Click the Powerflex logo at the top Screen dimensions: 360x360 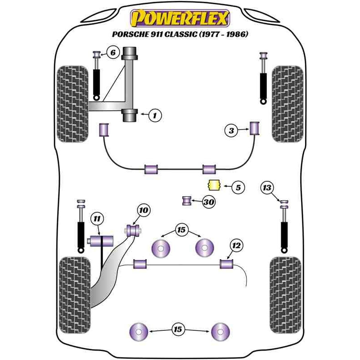pyautogui.click(x=180, y=18)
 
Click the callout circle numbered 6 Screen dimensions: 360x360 pyautogui.click(x=112, y=53)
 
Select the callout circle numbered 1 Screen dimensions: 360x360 pyautogui.click(x=154, y=116)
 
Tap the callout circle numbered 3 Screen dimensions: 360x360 pyautogui.click(x=231, y=131)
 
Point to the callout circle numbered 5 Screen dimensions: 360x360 pyautogui.click(x=238, y=187)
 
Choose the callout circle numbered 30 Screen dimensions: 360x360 pyautogui.click(x=208, y=202)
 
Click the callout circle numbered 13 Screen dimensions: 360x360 pyautogui.click(x=267, y=187)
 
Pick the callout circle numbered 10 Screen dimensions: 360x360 pyautogui.click(x=143, y=210)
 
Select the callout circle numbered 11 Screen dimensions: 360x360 pyautogui.click(x=96, y=219)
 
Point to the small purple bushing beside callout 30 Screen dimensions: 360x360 pyautogui.click(x=187, y=200)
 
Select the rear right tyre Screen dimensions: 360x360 pyautogui.click(x=285, y=294)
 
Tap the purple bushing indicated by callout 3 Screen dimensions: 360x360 pyautogui.click(x=256, y=128)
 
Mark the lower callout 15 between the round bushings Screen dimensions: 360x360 pyautogui.click(x=178, y=330)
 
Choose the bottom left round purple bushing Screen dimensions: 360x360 pyautogui.click(x=139, y=332)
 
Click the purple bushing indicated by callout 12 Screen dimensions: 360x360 pyautogui.click(x=226, y=263)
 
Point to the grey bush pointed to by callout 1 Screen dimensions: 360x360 pyautogui.click(x=130, y=115)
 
